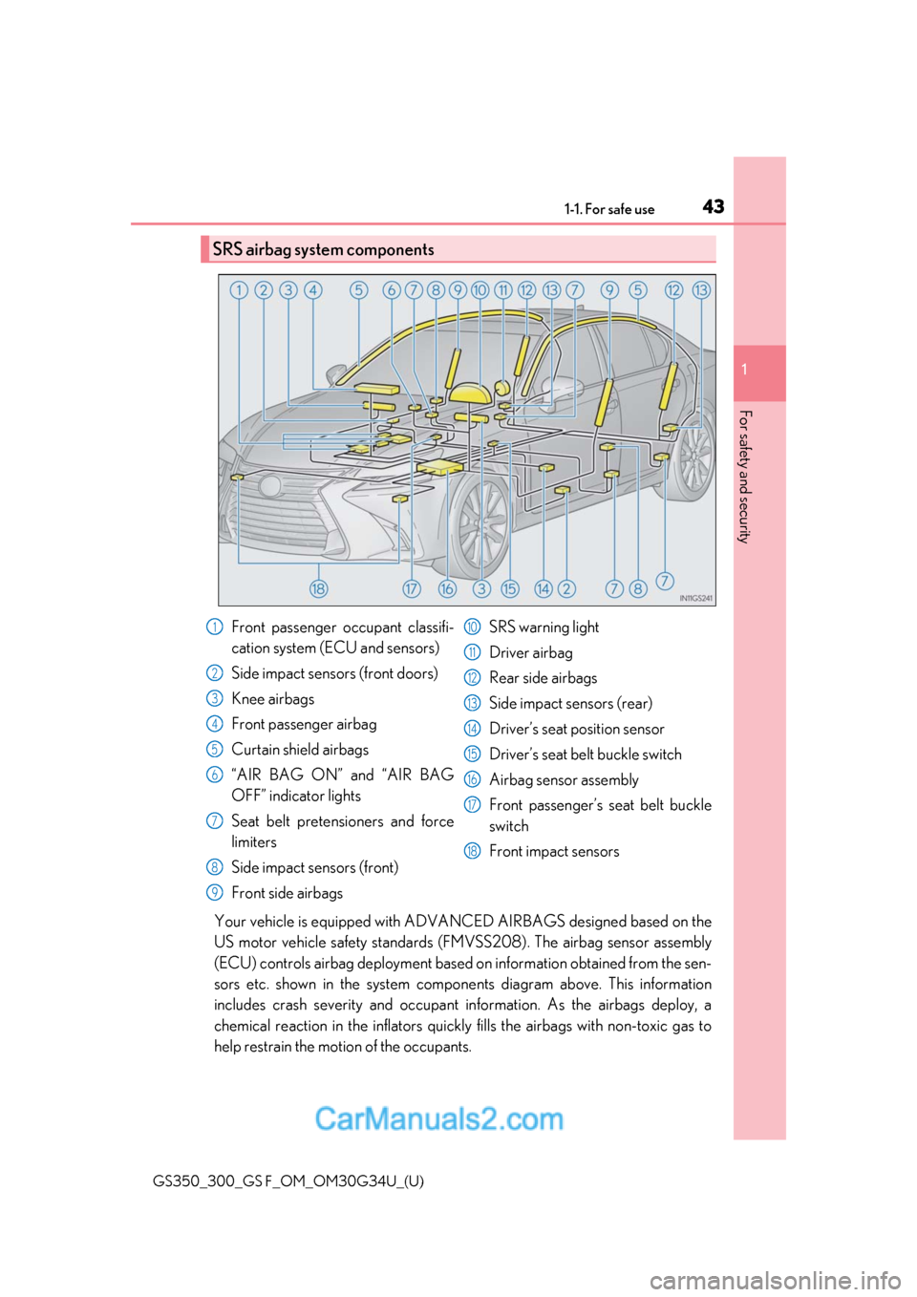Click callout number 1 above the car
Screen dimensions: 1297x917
point(239,290)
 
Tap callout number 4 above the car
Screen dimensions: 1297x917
point(313,290)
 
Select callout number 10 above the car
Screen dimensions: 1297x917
point(480,290)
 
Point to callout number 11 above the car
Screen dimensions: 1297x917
point(503,290)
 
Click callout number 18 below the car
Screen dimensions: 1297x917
point(318,588)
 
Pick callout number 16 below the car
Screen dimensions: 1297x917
point(447,588)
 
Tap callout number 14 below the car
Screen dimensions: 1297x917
point(544,588)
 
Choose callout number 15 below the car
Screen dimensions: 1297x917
point(510,588)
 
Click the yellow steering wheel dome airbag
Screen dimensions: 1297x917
point(470,393)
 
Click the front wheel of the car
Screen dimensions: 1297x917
point(478,526)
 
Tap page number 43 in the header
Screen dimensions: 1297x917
point(713,206)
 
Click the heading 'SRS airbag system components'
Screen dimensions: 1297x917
point(323,249)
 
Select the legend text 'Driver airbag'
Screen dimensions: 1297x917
point(530,652)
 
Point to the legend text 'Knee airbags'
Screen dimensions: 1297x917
point(272,699)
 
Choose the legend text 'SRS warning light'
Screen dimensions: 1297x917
point(544,627)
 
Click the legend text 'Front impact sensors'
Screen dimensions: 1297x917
point(554,851)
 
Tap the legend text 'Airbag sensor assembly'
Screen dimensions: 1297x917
point(564,780)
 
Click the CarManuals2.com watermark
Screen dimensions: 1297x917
point(438,1118)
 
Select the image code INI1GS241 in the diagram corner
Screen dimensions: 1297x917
point(695,599)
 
